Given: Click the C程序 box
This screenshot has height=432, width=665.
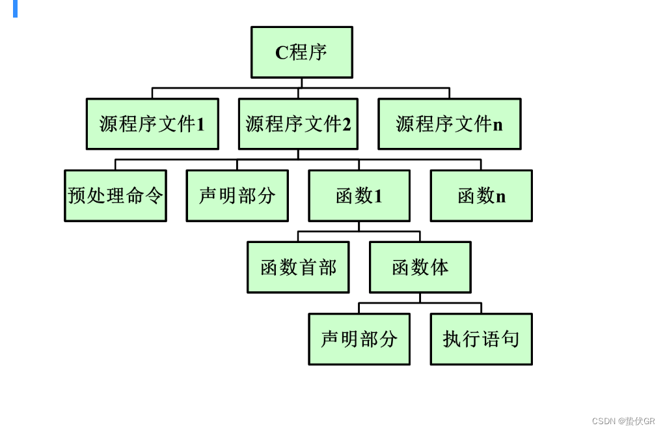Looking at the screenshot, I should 302,52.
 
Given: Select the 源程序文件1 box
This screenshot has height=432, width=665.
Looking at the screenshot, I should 152,124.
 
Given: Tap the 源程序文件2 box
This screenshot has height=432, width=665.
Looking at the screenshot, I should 298,124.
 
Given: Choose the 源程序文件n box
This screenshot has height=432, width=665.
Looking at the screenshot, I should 450,124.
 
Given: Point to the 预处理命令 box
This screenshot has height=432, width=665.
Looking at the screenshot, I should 115,195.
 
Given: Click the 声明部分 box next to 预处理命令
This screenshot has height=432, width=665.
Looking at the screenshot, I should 237,195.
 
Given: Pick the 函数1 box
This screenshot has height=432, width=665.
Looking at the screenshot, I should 359,195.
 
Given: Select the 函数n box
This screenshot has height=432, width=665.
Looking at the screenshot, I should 482,195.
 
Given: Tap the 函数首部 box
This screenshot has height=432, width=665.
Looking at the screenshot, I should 298,267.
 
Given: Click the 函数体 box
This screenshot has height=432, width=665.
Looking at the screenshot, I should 420,267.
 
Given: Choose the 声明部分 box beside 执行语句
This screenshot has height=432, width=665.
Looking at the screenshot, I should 359,339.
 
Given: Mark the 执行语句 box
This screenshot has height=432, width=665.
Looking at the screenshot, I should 482,339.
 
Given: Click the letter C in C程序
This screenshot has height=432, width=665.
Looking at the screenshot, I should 282,53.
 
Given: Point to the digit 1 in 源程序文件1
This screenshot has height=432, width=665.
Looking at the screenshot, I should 200,124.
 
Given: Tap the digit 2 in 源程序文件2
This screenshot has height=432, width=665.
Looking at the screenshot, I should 347,124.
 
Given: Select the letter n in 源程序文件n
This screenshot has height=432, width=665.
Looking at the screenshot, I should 498,125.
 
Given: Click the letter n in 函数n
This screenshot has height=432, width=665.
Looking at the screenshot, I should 500,197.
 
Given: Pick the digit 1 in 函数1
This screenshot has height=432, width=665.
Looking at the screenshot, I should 378,196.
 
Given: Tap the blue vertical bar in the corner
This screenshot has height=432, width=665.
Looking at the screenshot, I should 15,8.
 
